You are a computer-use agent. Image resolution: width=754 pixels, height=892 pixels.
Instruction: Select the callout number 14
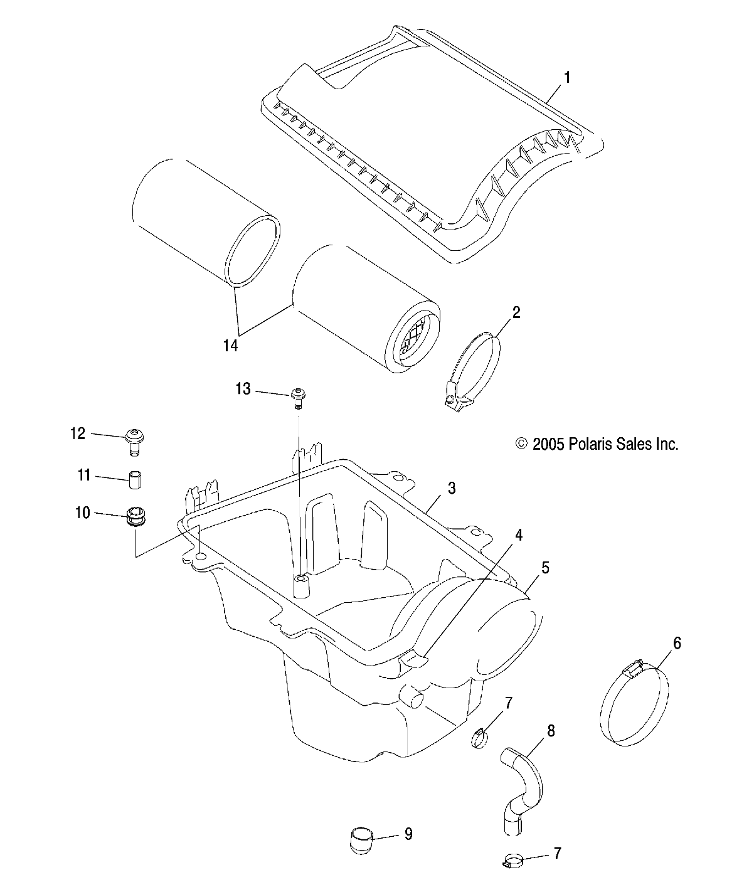coord(231,346)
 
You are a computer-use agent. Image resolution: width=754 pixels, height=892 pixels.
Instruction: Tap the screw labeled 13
coord(299,397)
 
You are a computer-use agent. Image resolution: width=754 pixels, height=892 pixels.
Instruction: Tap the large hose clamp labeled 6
coord(633,707)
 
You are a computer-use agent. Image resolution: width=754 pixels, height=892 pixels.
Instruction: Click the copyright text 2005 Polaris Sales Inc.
coord(597,445)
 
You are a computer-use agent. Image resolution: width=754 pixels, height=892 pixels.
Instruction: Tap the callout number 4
coord(518,534)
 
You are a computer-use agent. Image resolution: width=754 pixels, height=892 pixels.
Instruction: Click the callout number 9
coord(408,834)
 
